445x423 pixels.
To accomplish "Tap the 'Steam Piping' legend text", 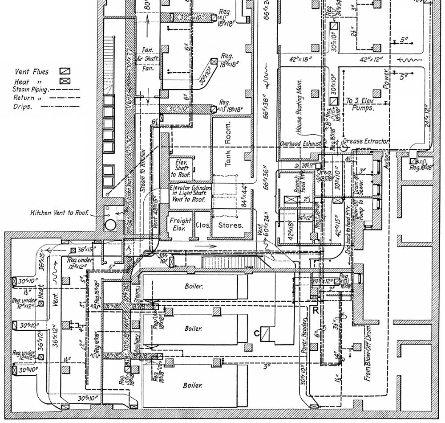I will tap(26, 90).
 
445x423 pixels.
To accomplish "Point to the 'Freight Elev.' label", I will tap(180, 224).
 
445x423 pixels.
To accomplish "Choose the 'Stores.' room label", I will tap(231, 225).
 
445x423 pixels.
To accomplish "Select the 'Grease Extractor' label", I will tap(370, 141).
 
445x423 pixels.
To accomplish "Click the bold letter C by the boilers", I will tap(256, 333).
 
